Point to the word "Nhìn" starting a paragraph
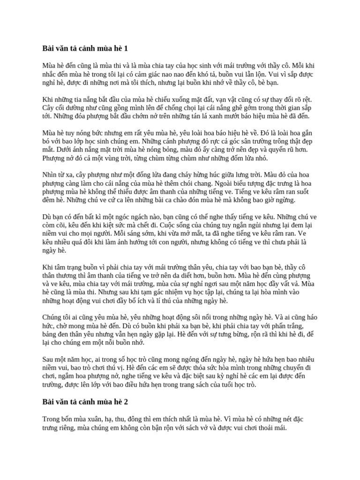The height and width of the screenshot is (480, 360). pos(51,173)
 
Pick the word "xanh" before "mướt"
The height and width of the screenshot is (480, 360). pos(232,116)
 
